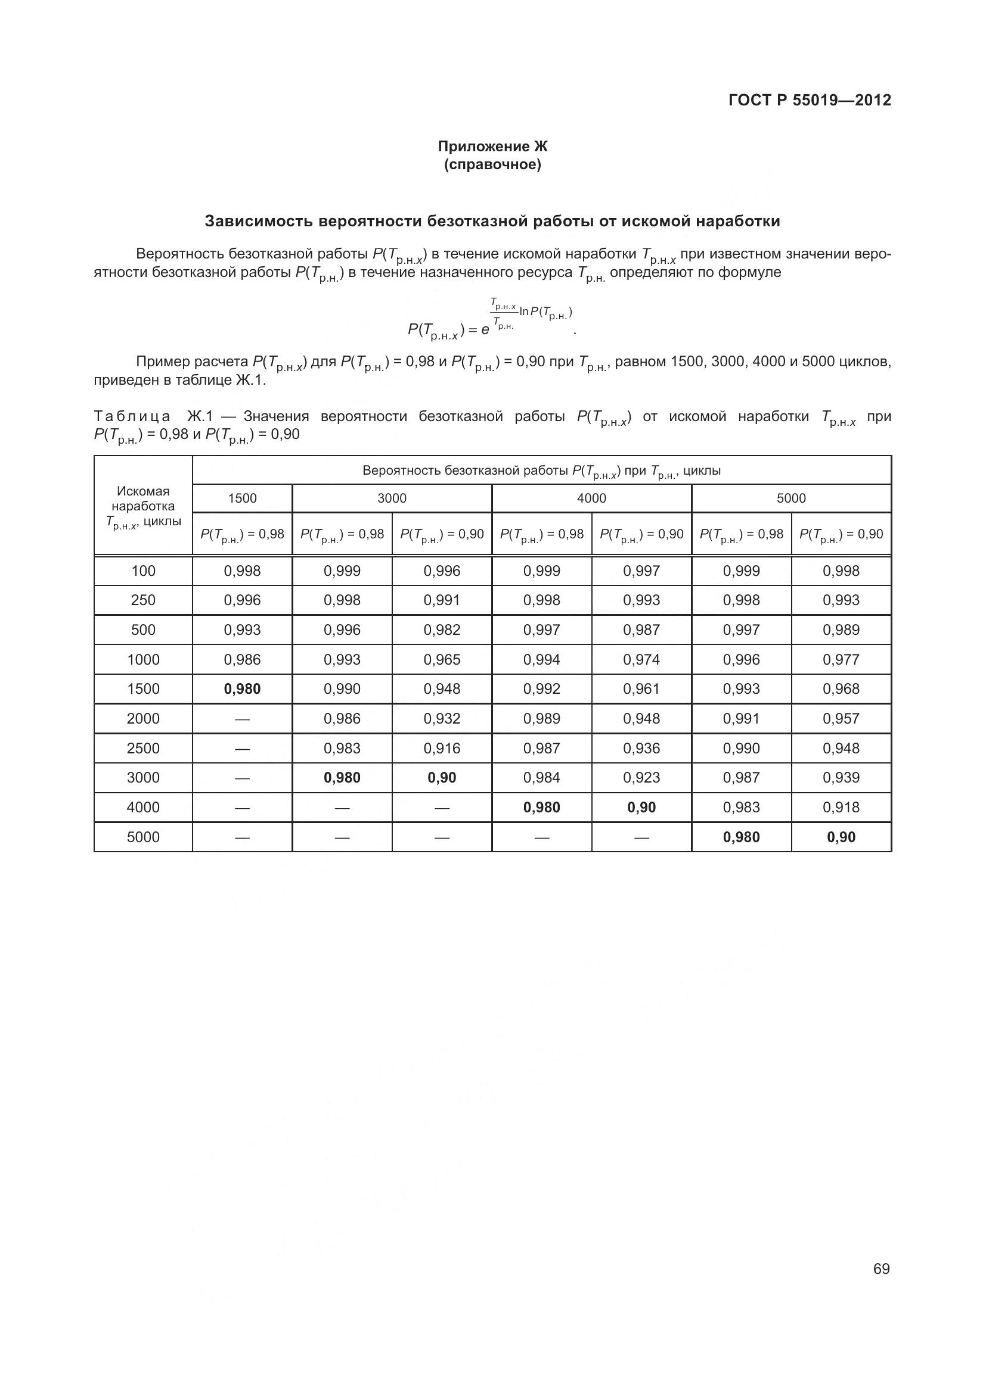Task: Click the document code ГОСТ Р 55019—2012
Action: (810, 100)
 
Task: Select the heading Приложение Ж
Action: (492, 147)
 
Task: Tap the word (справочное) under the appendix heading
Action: (492, 164)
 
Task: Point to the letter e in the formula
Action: (485, 330)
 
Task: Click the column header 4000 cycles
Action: (591, 498)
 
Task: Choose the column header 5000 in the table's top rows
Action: (791, 498)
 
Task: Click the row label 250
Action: (143, 600)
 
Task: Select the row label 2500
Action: (143, 748)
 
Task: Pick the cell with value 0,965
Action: (442, 659)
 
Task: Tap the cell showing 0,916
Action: (442, 748)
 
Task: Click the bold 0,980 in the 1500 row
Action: (242, 688)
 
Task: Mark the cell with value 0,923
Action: (641, 777)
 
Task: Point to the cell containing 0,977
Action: (841, 659)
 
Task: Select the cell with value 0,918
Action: (841, 807)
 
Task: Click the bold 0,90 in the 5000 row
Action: (841, 837)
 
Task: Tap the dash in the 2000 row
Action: (242, 718)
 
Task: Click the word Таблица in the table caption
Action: (132, 416)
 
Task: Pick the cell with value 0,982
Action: (442, 630)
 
